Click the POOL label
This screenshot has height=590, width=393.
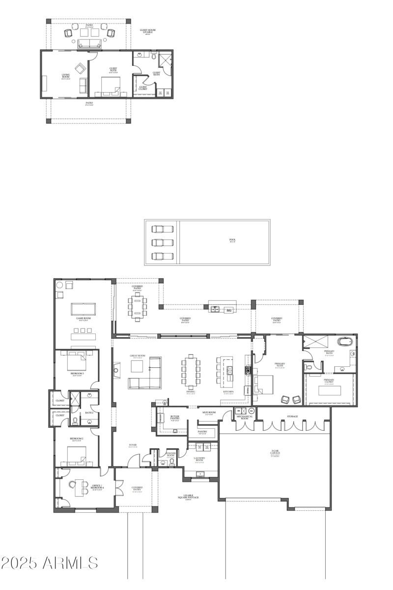click(x=232, y=241)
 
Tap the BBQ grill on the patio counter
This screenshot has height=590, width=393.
click(x=228, y=310)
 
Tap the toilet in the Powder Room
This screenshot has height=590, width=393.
click(x=171, y=462)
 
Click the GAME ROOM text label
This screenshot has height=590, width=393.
click(x=83, y=319)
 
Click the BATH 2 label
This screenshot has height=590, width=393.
click(x=89, y=413)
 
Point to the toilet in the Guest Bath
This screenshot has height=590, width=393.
click(x=154, y=57)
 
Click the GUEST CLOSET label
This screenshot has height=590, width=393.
click(x=143, y=88)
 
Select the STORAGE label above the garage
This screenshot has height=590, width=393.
click(x=292, y=416)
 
